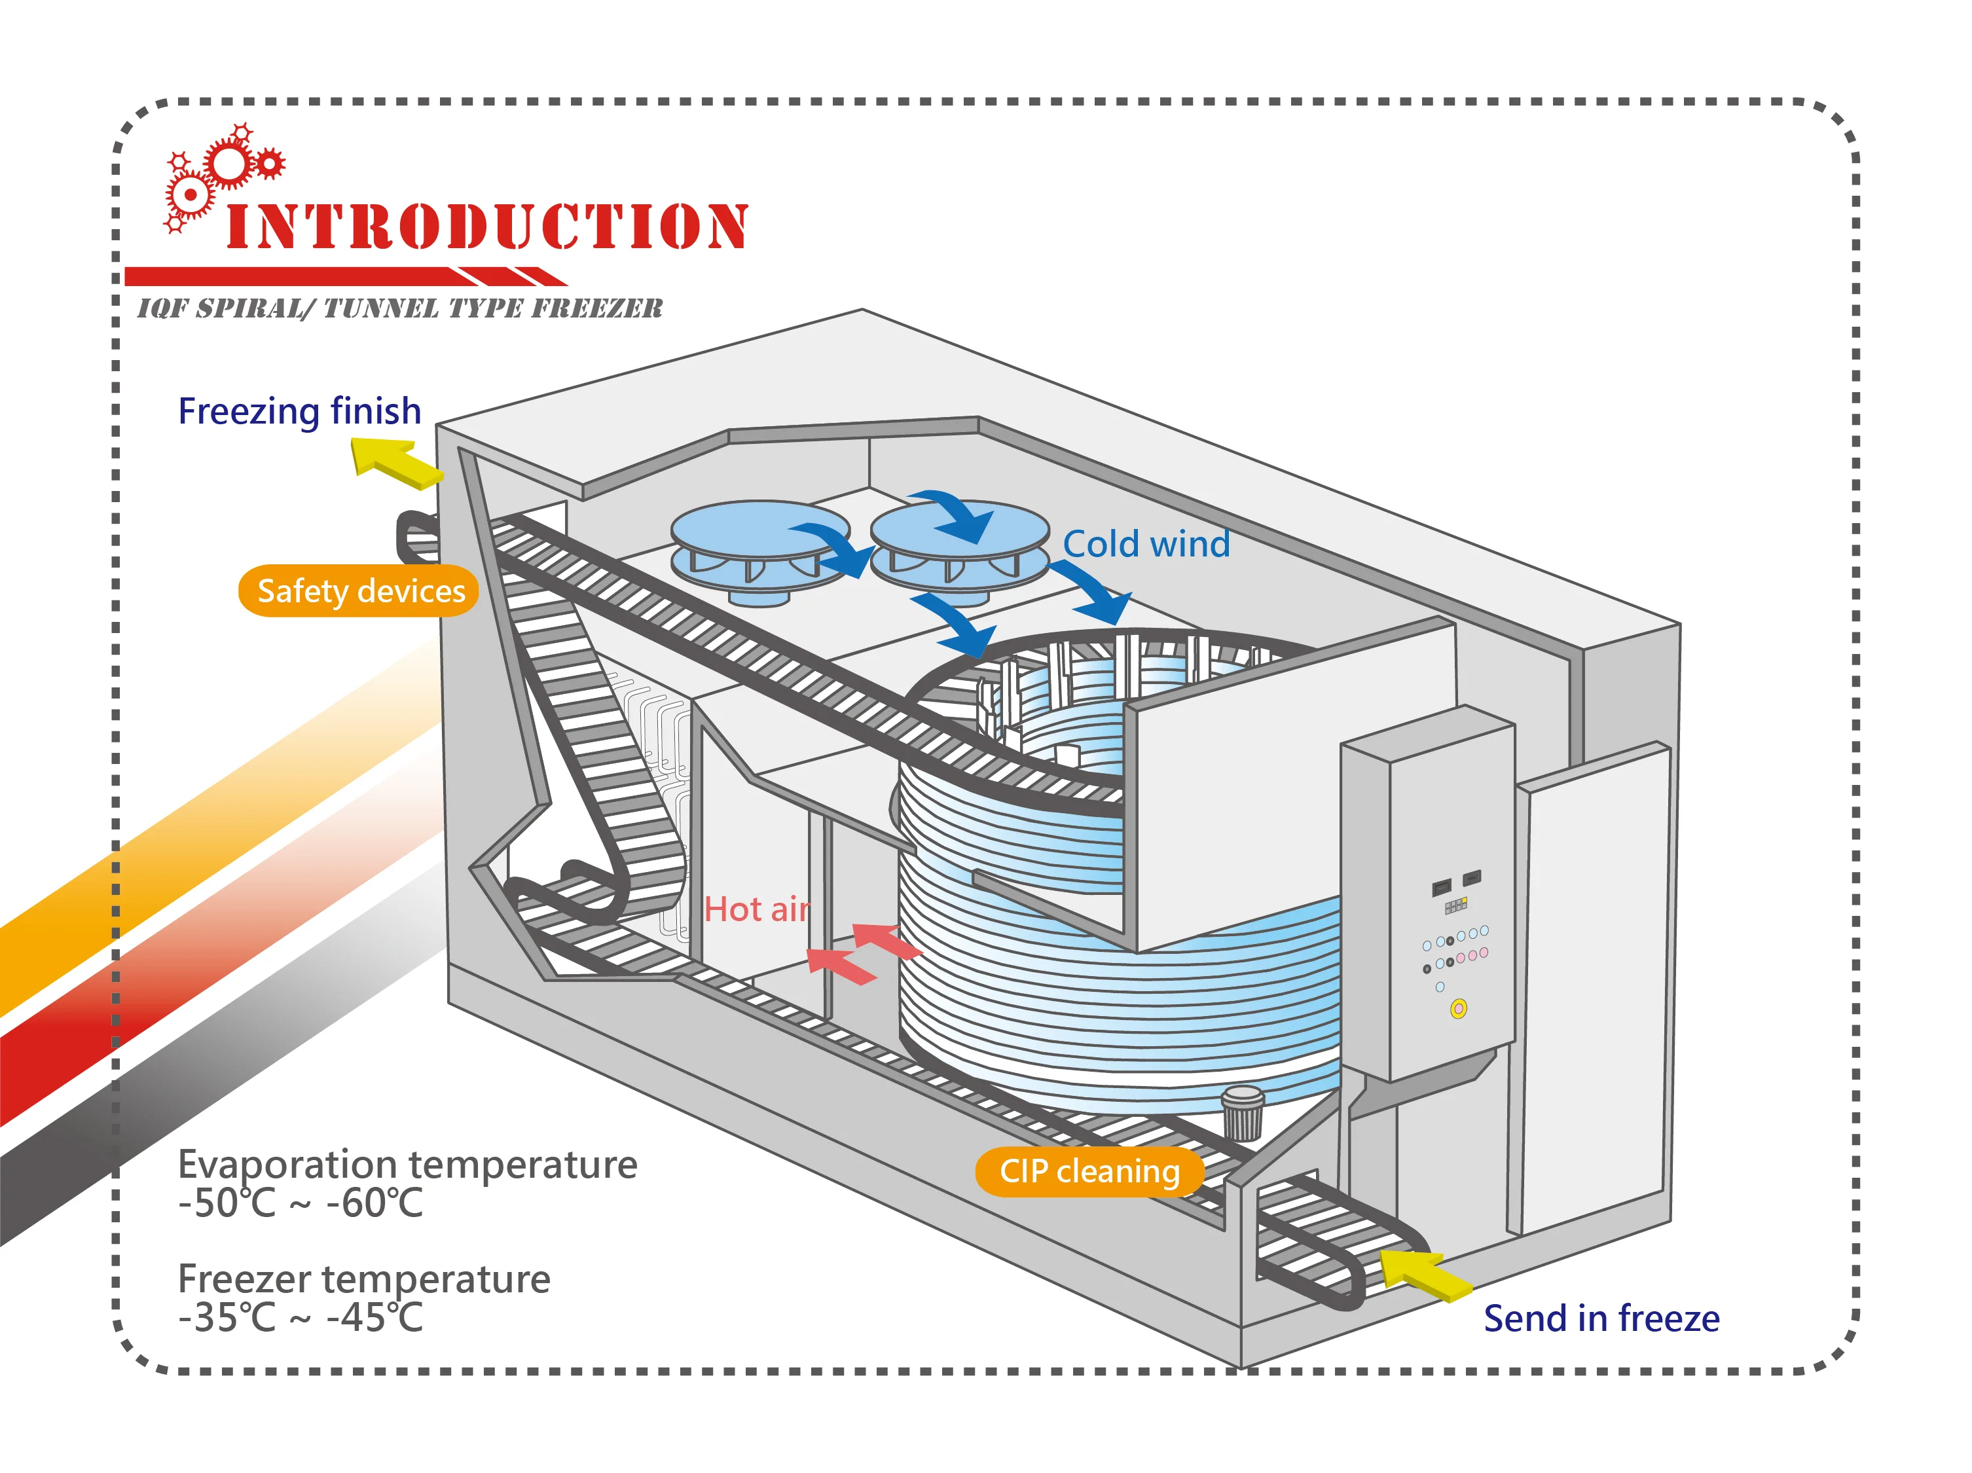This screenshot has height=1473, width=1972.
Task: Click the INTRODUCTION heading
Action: [x=486, y=227]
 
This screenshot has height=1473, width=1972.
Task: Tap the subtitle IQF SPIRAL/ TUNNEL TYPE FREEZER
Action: [x=399, y=308]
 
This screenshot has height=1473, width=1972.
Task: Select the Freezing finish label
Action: [x=300, y=411]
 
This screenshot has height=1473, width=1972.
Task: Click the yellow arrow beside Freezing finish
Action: [x=395, y=463]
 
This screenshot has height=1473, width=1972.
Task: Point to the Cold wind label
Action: [x=1146, y=544]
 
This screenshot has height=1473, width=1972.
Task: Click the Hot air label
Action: [x=757, y=909]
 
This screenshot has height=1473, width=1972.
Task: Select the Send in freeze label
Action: [x=1601, y=1318]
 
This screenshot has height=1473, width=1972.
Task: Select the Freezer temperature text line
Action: [x=364, y=1279]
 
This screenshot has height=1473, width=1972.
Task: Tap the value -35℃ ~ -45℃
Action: [x=301, y=1318]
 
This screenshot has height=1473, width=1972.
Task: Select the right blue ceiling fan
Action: [x=959, y=546]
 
